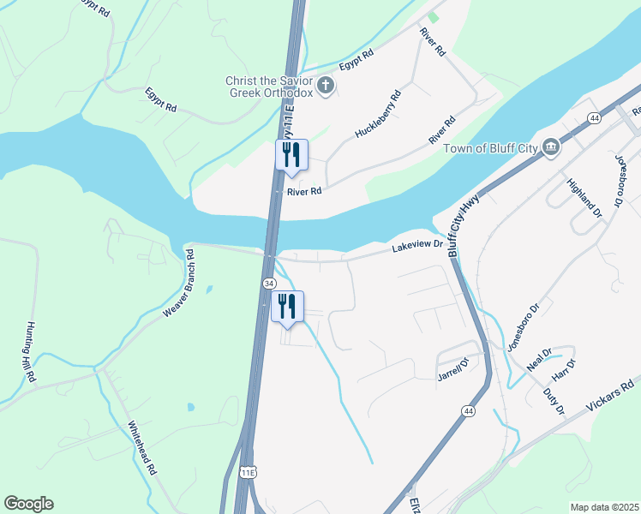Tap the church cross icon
coord(325,85)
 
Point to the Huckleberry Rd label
coord(378,116)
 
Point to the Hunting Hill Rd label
coord(31,351)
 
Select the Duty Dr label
coord(553,401)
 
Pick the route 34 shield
coord(269,283)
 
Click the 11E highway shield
coord(248,472)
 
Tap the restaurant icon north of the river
coord(291,154)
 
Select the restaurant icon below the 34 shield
coord(287,306)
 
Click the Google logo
coord(28,504)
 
